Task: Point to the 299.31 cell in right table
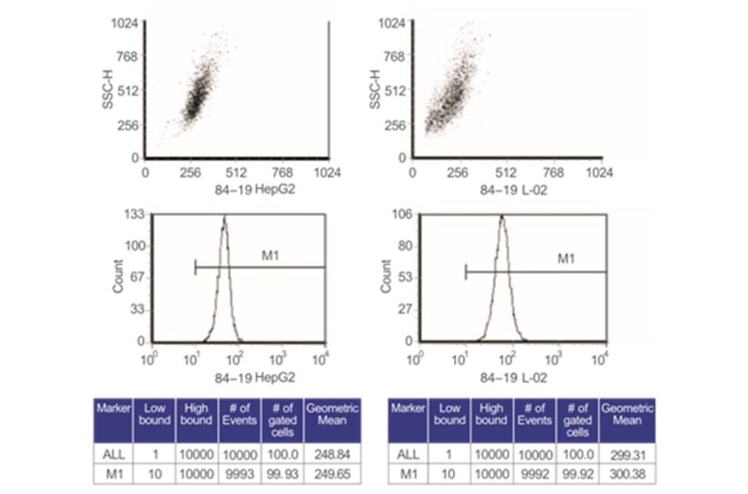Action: [x=627, y=453]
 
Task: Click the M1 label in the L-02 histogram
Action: [x=565, y=259]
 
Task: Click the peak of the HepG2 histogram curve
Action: [x=224, y=219]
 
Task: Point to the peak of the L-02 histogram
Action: [x=502, y=218]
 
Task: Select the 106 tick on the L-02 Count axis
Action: [x=402, y=215]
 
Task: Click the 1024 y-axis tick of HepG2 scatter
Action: [x=125, y=24]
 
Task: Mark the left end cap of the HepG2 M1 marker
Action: [x=195, y=267]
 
